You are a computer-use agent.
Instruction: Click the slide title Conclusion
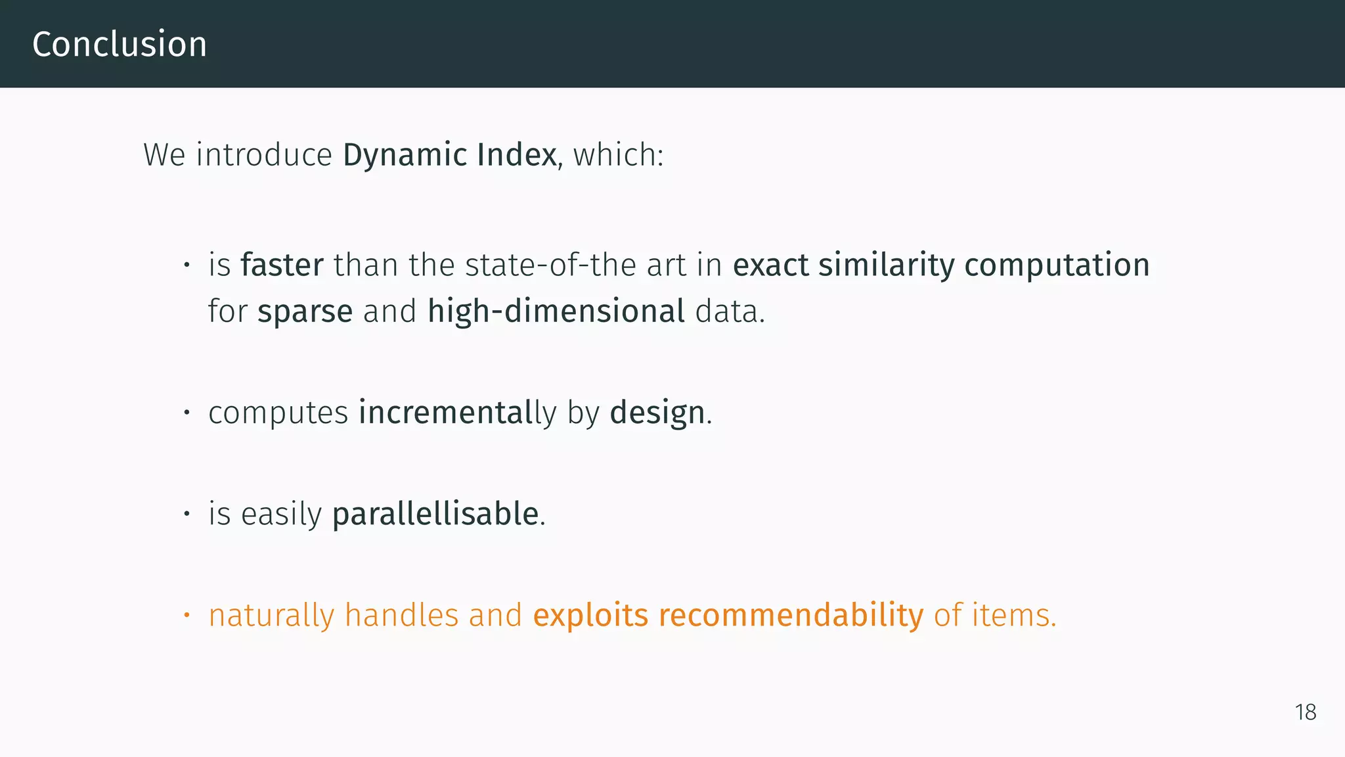(120, 45)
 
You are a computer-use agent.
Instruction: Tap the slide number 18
(1306, 712)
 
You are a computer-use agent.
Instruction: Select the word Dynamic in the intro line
(405, 155)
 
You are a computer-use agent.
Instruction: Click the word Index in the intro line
(516, 155)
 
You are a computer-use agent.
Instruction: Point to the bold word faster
(282, 265)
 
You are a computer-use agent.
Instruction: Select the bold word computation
(1057, 265)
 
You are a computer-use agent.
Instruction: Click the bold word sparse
(305, 311)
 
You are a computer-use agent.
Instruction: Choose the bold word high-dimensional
(556, 311)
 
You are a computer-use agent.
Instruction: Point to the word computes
(278, 413)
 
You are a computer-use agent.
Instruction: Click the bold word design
(657, 413)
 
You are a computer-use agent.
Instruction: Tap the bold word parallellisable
(435, 514)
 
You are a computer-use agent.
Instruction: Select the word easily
(281, 514)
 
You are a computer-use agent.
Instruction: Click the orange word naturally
(271, 616)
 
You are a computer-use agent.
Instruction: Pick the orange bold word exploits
(590, 616)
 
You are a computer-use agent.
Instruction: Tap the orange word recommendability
(791, 616)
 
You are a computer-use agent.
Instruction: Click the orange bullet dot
(187, 615)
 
